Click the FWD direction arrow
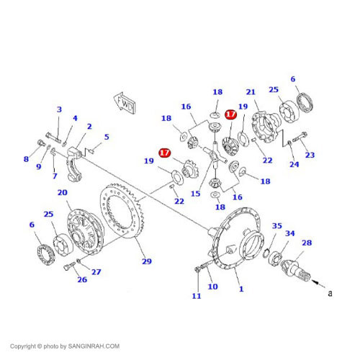click(125, 104)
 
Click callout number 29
click(147, 261)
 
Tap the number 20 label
click(63, 192)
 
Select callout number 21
click(251, 92)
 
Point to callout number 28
click(307, 243)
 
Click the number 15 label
click(195, 194)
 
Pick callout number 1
click(241, 289)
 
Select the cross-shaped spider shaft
click(215, 156)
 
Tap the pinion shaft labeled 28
click(296, 269)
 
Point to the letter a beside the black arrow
click(330, 293)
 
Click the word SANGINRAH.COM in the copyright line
click(94, 346)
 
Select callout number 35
click(277, 226)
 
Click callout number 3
click(59, 109)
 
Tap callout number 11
click(197, 296)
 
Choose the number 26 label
click(82, 279)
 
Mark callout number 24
click(294, 164)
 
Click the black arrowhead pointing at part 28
click(315, 282)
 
